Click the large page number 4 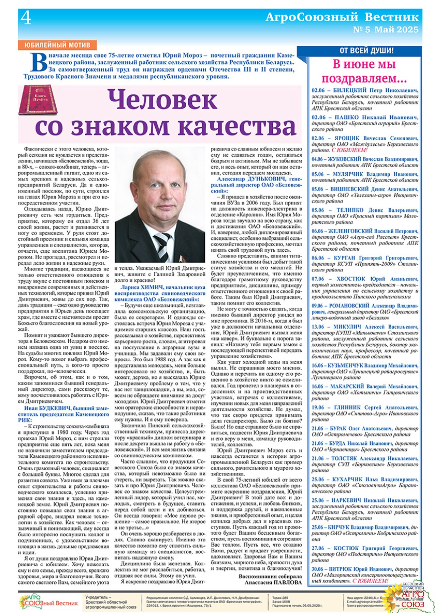[x=26, y=18]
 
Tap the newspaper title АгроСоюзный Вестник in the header [x=342, y=17]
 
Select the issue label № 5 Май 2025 [x=386, y=30]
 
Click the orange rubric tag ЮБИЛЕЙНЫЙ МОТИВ [x=57, y=45]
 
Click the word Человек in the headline [x=163, y=100]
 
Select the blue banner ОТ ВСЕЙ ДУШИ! [x=367, y=51]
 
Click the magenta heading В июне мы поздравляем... [x=364, y=71]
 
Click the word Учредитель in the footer [x=96, y=597]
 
